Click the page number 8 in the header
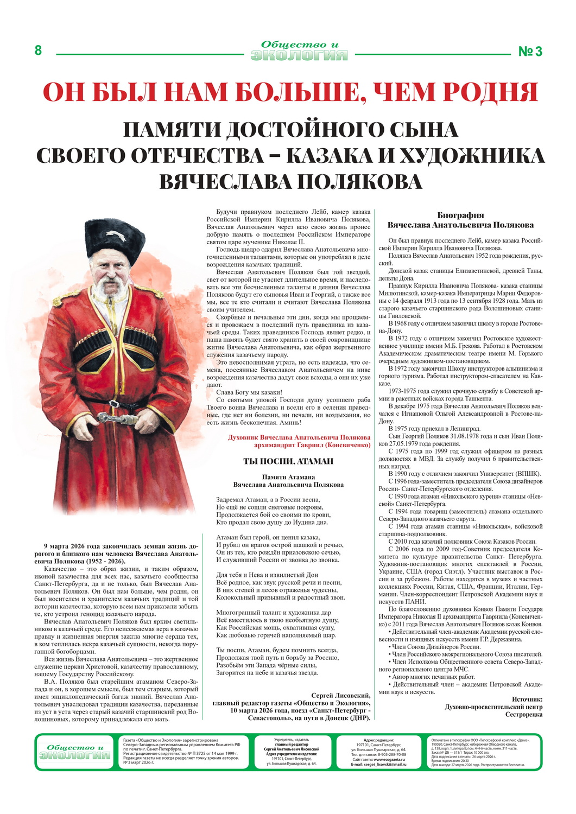click(x=38, y=50)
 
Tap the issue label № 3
click(x=530, y=52)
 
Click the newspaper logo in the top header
click(x=299, y=51)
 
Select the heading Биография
click(x=460, y=215)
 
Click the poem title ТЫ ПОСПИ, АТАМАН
click(x=288, y=461)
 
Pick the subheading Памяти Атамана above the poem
click(x=288, y=477)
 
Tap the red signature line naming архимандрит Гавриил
click(x=312, y=444)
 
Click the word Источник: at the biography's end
click(x=527, y=699)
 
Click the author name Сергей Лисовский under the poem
click(x=340, y=695)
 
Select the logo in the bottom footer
click(x=74, y=752)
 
